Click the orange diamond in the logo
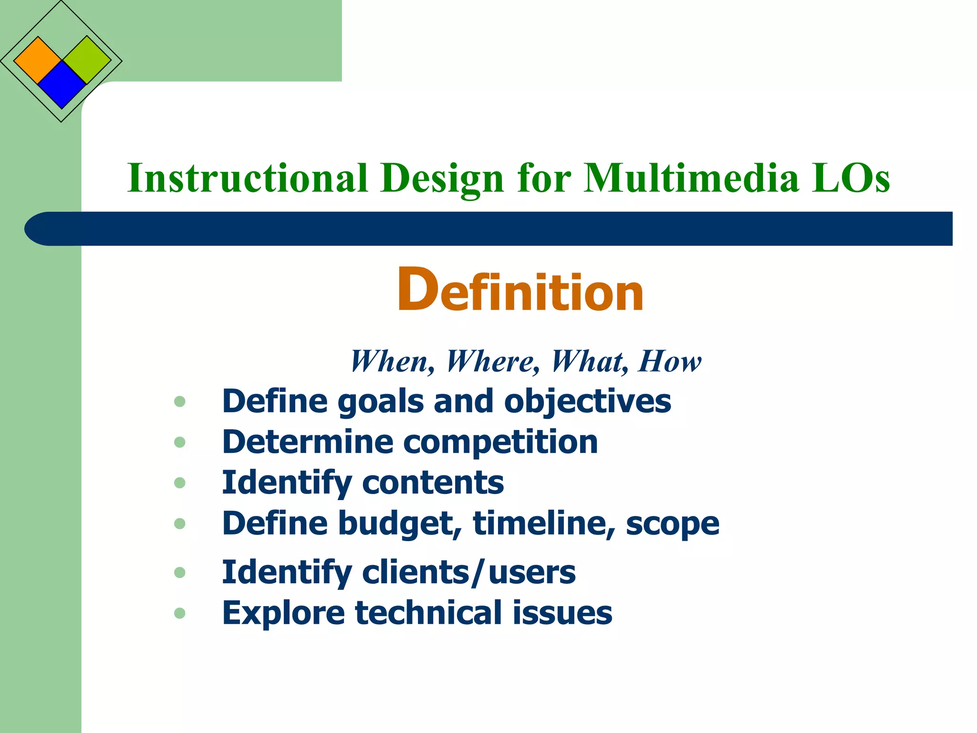click(x=38, y=61)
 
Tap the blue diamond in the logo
click(x=62, y=85)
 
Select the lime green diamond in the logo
click(x=87, y=60)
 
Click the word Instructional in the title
click(x=248, y=178)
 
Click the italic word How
click(x=670, y=361)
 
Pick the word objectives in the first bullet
click(x=587, y=401)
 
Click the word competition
click(x=500, y=442)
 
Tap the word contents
click(x=433, y=482)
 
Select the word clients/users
click(x=468, y=572)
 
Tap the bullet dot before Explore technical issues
click(x=180, y=613)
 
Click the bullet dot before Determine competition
click(x=180, y=442)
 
